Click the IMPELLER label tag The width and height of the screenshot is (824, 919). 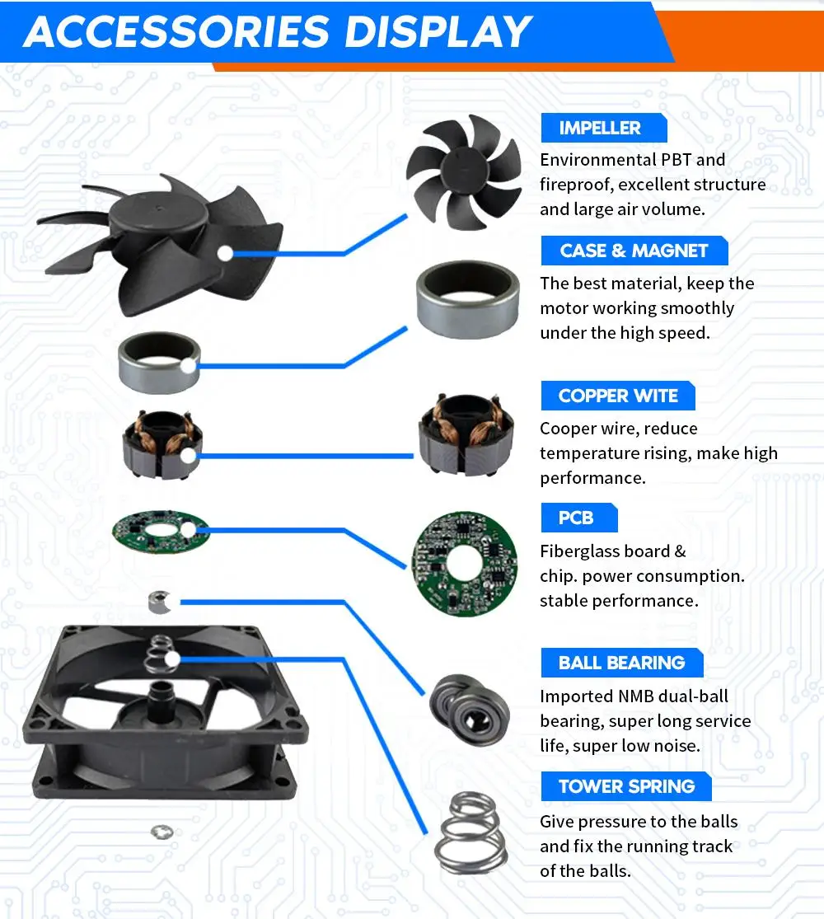pyautogui.click(x=604, y=128)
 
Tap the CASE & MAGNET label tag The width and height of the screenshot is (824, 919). pyautogui.click(x=634, y=251)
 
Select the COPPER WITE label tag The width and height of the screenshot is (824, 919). pyautogui.click(x=618, y=396)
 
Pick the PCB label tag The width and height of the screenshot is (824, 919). pyautogui.click(x=579, y=518)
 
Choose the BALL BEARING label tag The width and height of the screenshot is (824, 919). pyautogui.click(x=622, y=663)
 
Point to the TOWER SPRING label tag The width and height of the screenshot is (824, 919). pyautogui.click(x=626, y=786)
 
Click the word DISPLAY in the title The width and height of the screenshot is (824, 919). pyautogui.click(x=438, y=31)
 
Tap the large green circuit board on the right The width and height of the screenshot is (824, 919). pyautogui.click(x=465, y=564)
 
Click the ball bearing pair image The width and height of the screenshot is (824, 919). pyautogui.click(x=469, y=709)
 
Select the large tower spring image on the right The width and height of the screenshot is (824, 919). pyautogui.click(x=471, y=832)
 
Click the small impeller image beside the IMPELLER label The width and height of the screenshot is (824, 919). pyautogui.click(x=464, y=171)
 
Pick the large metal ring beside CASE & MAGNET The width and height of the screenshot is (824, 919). pyautogui.click(x=468, y=299)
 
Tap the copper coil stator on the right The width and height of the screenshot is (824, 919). pyautogui.click(x=466, y=434)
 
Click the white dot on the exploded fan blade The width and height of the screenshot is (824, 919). pyautogui.click(x=225, y=253)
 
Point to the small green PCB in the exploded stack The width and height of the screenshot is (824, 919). pyautogui.click(x=161, y=531)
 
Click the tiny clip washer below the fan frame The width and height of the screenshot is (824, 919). pyautogui.click(x=162, y=832)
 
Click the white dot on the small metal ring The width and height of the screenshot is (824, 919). pyautogui.click(x=188, y=366)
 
